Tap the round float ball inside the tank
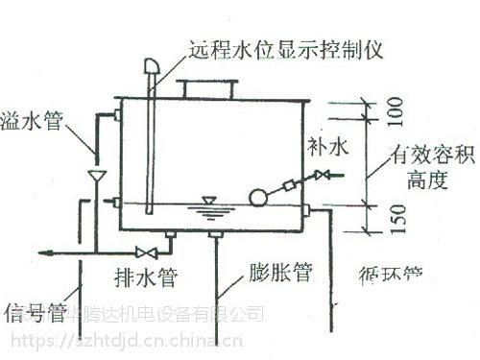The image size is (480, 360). point(258,198)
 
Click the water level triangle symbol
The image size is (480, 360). point(206,202)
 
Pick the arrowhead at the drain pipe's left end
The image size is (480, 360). point(45,252)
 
